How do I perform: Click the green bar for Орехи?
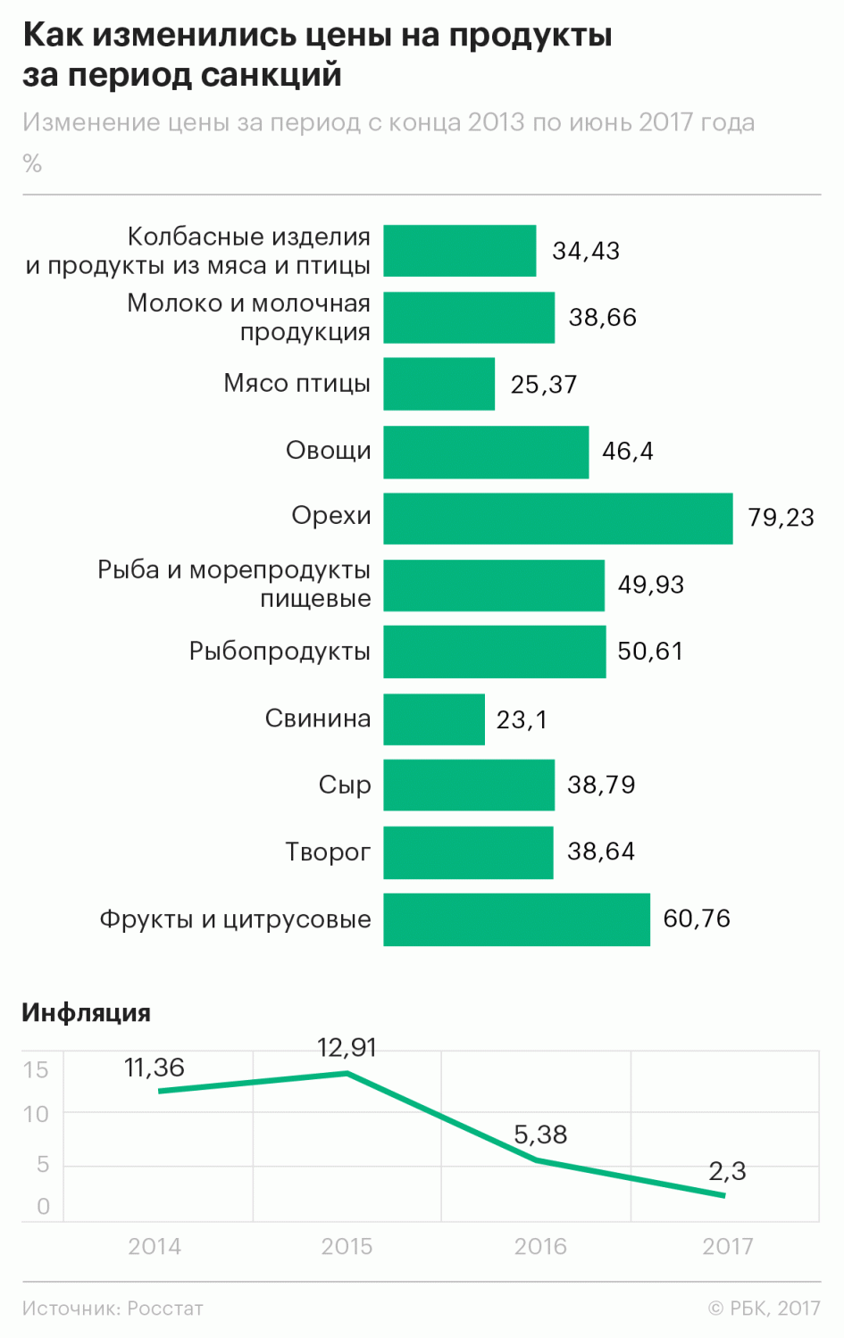(x=557, y=518)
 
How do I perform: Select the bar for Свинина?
(x=434, y=719)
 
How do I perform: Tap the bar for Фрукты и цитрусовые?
(x=516, y=918)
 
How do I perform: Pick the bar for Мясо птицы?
(x=439, y=384)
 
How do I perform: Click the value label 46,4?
(x=627, y=451)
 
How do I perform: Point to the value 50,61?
(x=649, y=651)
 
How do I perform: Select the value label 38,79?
(x=601, y=785)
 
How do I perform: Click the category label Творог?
(x=327, y=852)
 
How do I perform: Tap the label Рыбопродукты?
(x=280, y=651)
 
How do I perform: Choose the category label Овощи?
(x=328, y=450)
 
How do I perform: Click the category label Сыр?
(x=344, y=785)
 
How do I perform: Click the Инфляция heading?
(x=86, y=1012)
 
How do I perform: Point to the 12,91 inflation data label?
(x=347, y=1047)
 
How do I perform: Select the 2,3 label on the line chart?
(x=727, y=1170)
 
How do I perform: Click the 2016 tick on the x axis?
(x=539, y=1246)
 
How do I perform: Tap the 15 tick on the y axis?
(x=36, y=1069)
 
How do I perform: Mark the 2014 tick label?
(x=155, y=1246)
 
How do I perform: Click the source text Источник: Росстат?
(x=113, y=1309)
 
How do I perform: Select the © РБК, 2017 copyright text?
(x=764, y=1309)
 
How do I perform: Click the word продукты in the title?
(x=531, y=36)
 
